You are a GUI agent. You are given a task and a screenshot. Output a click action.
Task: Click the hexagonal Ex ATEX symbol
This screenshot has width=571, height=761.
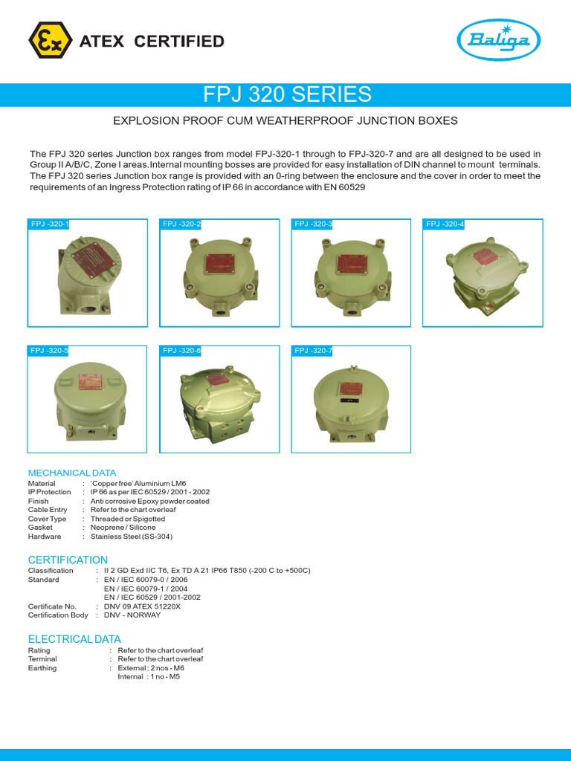51,40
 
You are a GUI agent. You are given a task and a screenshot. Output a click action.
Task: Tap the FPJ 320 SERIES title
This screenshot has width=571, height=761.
287,94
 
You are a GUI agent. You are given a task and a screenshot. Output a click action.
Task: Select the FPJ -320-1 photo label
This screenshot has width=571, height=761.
49,224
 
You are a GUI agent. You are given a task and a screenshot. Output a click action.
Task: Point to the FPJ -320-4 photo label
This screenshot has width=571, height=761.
445,224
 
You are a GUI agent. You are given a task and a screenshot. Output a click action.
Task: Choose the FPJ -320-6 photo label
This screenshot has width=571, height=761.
181,350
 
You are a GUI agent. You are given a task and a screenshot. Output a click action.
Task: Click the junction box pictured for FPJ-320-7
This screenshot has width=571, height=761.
349,401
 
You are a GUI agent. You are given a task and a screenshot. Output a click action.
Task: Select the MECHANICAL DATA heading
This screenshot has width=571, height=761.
72,473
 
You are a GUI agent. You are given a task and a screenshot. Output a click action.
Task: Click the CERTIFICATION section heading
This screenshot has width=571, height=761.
68,560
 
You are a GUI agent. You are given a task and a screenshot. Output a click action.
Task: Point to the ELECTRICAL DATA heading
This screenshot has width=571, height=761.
74,639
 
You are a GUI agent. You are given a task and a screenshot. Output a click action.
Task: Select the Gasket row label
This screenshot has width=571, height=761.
40,528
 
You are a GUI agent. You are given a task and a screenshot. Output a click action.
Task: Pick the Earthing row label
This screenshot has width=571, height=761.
42,668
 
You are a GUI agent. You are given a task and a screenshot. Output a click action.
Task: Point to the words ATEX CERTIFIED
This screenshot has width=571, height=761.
152,41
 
